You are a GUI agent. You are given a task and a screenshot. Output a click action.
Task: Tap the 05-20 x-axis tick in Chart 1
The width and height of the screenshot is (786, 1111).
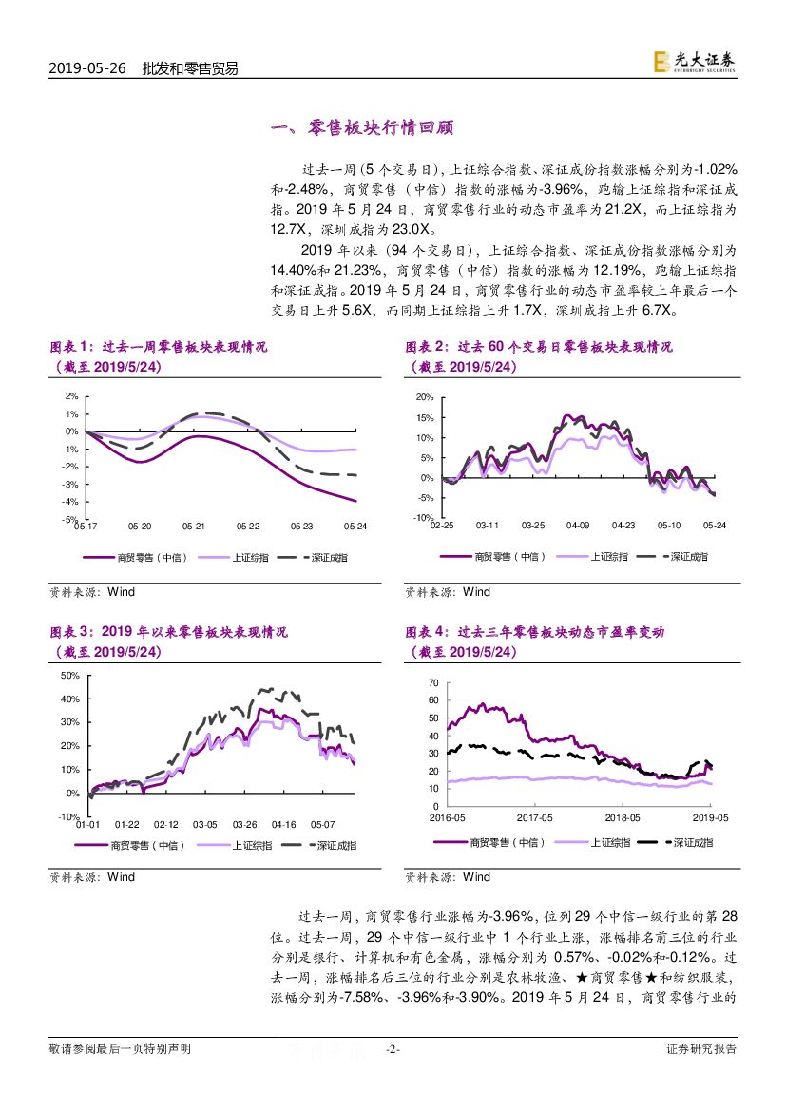[x=141, y=526]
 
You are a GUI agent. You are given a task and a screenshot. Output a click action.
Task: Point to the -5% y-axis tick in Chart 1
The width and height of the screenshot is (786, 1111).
[x=70, y=519]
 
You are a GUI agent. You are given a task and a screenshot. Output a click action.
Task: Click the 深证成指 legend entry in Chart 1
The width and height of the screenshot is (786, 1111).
[x=319, y=557]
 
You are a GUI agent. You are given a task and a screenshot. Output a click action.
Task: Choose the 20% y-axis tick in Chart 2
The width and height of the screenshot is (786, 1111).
[x=425, y=397]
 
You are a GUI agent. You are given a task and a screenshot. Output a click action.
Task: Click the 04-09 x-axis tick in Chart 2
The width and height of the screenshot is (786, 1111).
[x=578, y=525]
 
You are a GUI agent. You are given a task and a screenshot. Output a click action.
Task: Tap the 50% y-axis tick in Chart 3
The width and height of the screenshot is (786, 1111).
[x=70, y=676]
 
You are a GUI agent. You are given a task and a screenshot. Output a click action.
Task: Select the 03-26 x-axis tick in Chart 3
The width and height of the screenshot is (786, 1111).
[x=245, y=824]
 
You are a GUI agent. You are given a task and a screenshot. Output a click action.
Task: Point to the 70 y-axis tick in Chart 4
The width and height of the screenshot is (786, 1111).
[x=432, y=683]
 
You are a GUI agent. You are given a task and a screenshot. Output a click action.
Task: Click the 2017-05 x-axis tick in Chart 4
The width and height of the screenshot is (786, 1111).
[x=534, y=817]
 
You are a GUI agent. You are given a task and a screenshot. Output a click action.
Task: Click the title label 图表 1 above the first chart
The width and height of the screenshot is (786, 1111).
[x=73, y=347]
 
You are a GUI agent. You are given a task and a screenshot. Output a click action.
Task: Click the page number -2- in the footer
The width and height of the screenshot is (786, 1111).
[x=393, y=1049]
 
